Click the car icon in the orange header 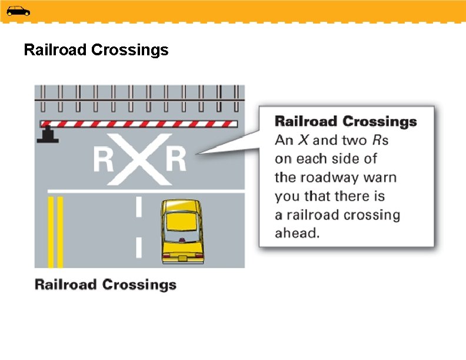[x=18, y=11]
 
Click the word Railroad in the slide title [x=56, y=50]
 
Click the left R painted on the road [x=104, y=159]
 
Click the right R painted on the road [x=175, y=159]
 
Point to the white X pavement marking [x=139, y=158]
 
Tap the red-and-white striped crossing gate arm [x=139, y=124]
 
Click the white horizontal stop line [x=145, y=191]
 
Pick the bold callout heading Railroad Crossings [x=346, y=122]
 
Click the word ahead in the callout [x=297, y=233]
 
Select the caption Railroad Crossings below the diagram [x=105, y=285]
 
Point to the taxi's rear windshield [x=181, y=221]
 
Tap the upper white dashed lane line [x=139, y=206]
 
